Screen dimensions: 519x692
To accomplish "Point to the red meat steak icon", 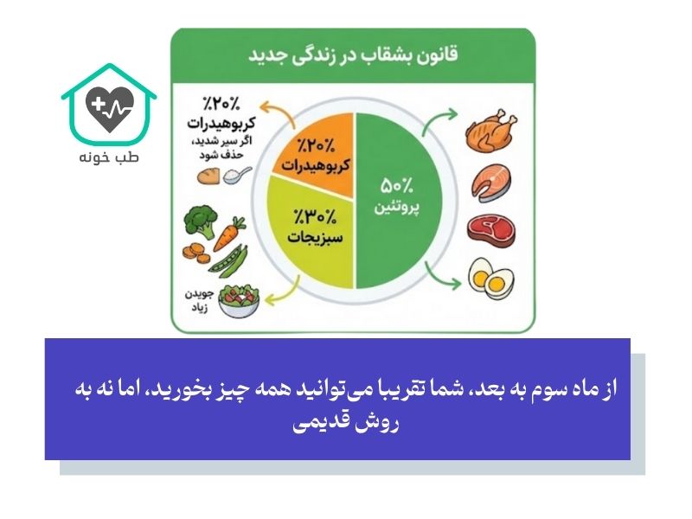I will click(490, 230).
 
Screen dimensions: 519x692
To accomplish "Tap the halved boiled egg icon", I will click(490, 278).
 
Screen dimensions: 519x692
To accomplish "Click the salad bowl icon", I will click(239, 299).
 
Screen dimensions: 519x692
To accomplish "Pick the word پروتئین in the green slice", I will click(397, 208).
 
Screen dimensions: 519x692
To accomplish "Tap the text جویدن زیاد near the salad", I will click(196, 300).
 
